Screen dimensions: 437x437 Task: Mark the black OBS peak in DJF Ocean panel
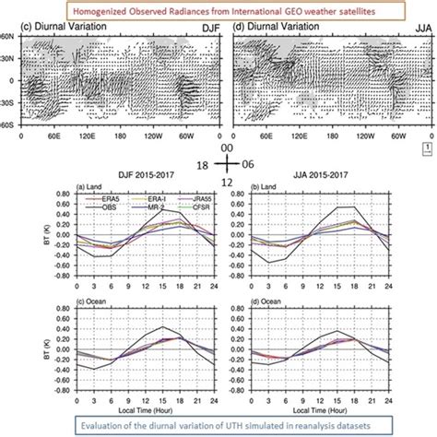coord(164,326)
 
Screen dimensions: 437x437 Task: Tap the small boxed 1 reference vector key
coord(426,146)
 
